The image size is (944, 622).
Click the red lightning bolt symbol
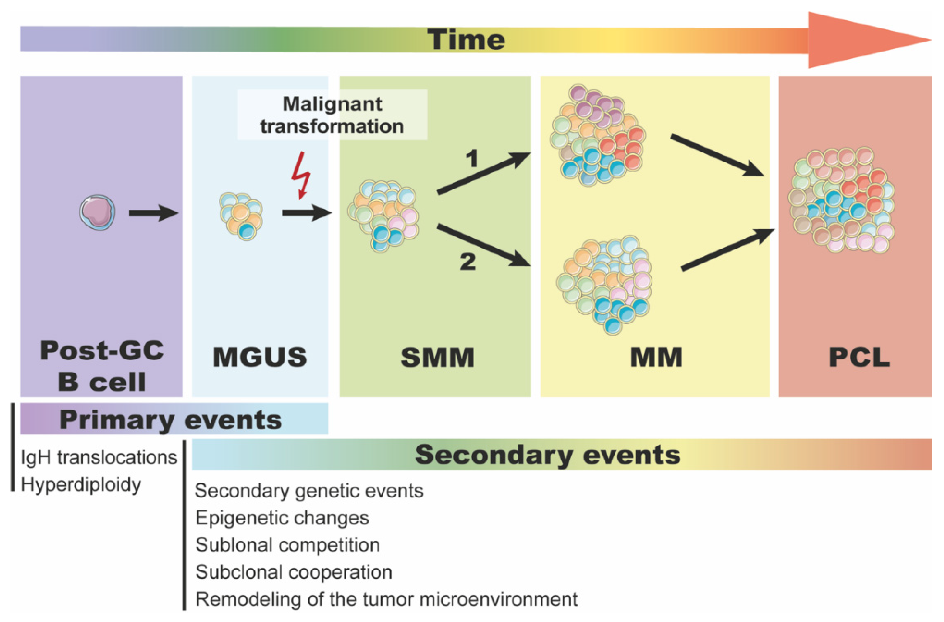(301, 175)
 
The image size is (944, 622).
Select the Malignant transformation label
(332, 115)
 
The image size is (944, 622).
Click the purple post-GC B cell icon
(97, 212)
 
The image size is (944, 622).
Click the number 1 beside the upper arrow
(472, 159)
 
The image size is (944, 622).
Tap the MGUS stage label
(260, 357)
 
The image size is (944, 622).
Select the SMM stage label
(437, 357)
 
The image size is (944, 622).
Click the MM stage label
(656, 357)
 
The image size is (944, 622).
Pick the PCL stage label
(859, 357)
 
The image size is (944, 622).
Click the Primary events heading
(171, 420)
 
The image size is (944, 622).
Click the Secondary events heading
(548, 455)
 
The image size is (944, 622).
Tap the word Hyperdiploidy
(81, 485)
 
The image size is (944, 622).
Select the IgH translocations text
(99, 457)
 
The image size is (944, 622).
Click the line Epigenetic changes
(282, 518)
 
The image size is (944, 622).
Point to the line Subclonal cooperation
(294, 572)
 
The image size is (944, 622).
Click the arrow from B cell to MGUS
(153, 213)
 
